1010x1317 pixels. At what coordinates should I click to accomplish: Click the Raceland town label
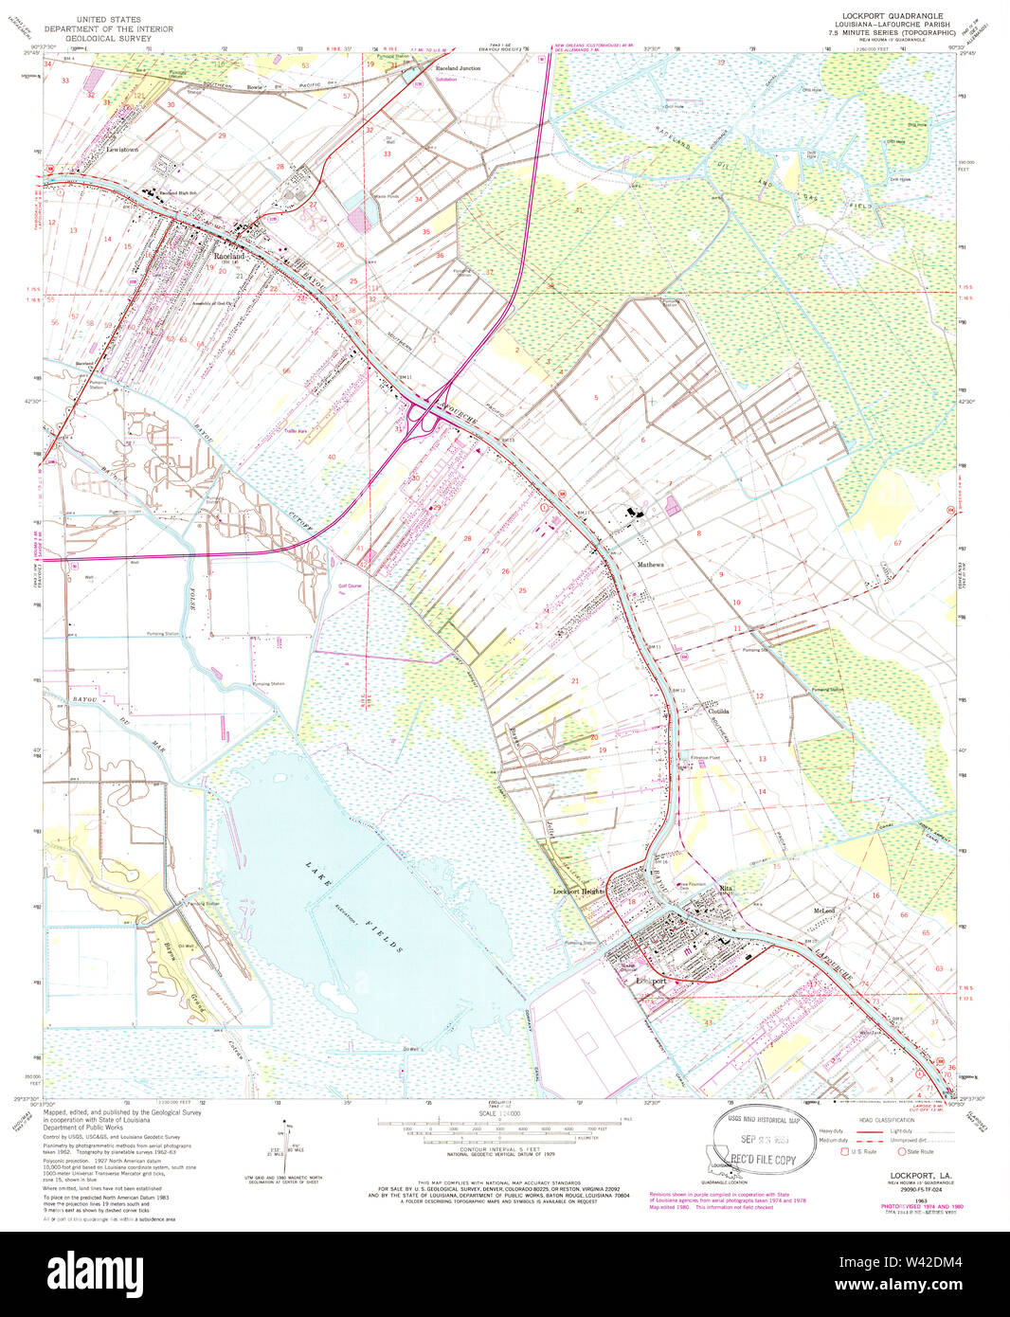pyautogui.click(x=228, y=256)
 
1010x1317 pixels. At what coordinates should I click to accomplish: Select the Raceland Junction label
pyautogui.click(x=458, y=69)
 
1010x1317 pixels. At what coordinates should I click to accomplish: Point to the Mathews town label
pyautogui.click(x=650, y=565)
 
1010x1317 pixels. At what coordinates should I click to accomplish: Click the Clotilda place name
pyautogui.click(x=717, y=712)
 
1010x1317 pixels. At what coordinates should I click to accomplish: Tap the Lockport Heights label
pyautogui.click(x=579, y=892)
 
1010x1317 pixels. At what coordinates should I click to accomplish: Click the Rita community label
pyautogui.click(x=727, y=888)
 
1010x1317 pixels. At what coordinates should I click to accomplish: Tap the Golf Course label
pyautogui.click(x=350, y=586)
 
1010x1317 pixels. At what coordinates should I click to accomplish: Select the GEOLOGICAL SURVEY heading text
pyautogui.click(x=108, y=39)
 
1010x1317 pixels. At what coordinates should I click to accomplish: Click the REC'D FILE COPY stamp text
pyautogui.click(x=763, y=1159)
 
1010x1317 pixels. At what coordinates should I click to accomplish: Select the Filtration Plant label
pyautogui.click(x=705, y=758)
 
